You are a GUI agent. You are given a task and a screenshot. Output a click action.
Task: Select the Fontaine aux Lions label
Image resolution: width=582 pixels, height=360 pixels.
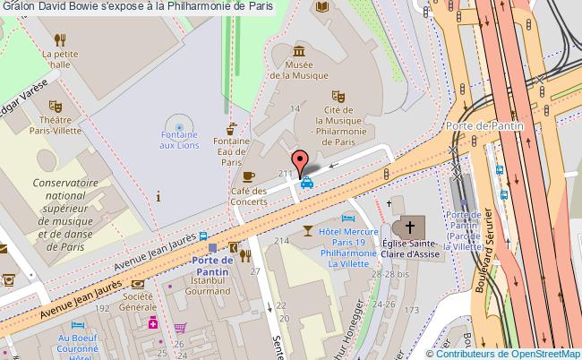point(180,139)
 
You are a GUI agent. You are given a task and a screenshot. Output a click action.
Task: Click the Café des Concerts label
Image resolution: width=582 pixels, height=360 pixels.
point(249,195)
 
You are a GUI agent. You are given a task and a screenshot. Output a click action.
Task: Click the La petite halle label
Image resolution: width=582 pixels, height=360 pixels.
point(61,58)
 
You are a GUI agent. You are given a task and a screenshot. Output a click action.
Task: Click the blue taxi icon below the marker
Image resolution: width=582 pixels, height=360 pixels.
point(306,183)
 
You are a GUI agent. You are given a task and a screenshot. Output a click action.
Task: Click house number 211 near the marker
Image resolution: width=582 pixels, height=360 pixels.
point(287,173)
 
